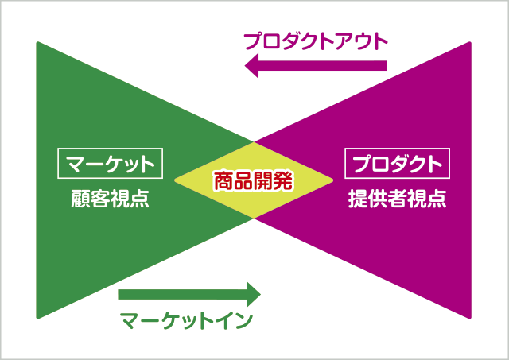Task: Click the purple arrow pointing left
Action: click(316, 66)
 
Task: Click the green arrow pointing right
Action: click(189, 295)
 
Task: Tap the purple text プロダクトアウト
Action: click(316, 41)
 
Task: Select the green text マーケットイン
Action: click(186, 321)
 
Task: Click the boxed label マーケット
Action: click(110, 164)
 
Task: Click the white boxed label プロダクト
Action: click(398, 164)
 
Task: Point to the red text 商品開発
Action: click(254, 180)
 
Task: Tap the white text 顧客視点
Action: click(110, 199)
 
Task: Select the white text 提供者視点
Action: click(398, 199)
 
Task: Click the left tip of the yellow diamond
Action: click(175, 180)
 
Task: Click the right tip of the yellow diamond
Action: click(333, 180)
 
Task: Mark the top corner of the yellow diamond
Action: click(254, 142)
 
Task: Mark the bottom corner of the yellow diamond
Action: click(254, 219)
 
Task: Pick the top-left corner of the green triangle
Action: click(37, 42)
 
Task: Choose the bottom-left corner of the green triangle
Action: click(37, 318)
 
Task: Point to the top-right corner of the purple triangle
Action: click(470, 42)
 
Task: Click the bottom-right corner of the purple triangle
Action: click(470, 318)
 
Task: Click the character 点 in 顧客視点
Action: click(140, 199)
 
